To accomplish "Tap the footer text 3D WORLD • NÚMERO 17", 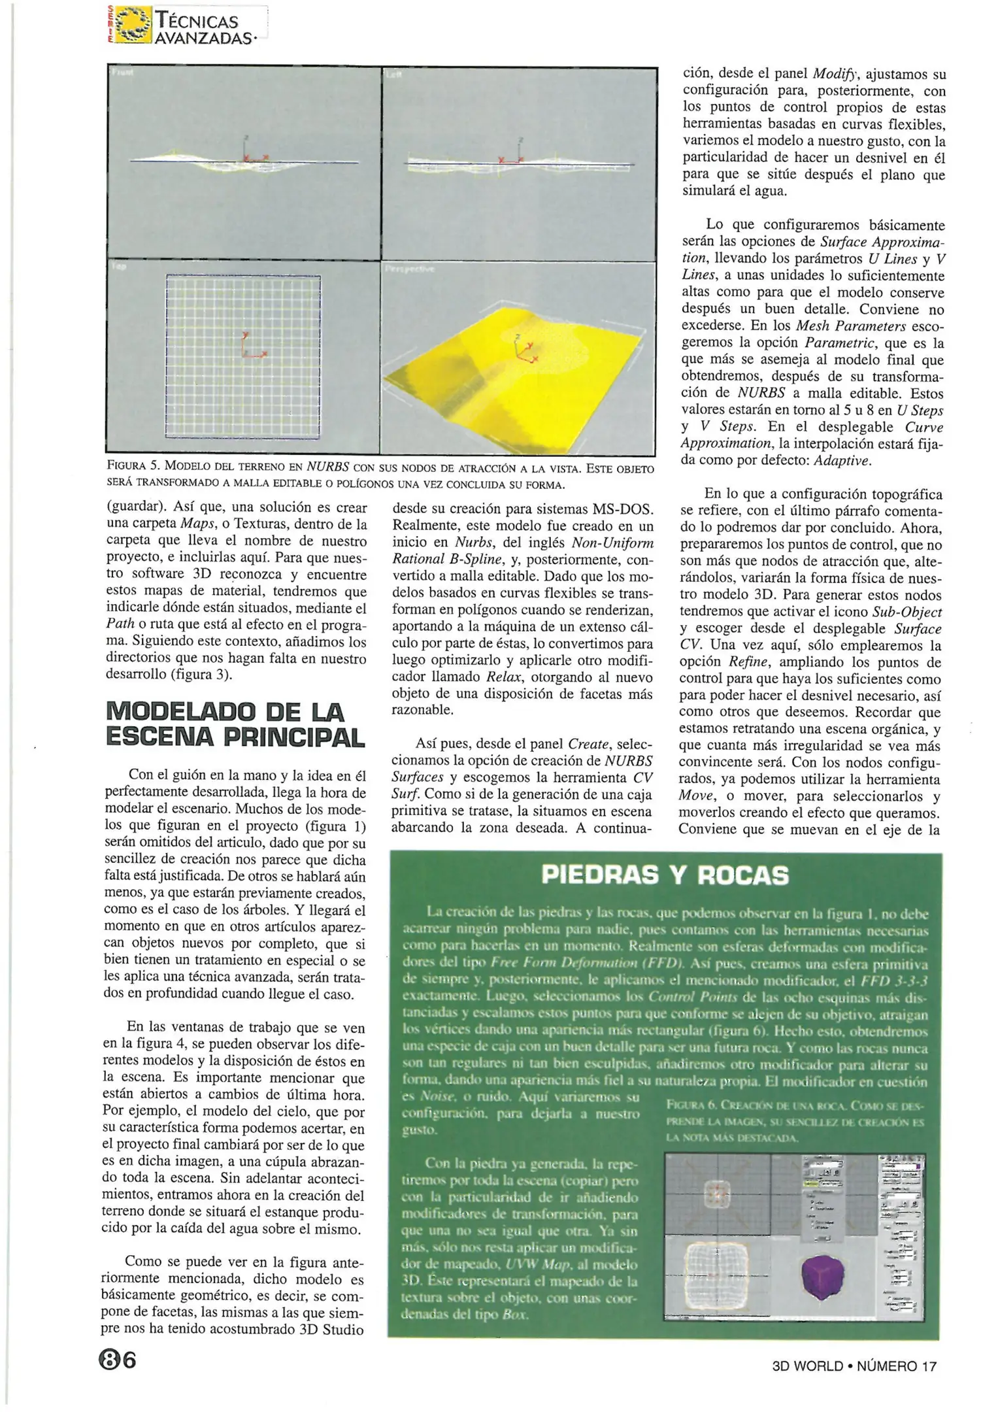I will coord(854,1366).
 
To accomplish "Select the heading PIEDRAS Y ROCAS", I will coord(665,875).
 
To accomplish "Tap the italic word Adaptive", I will coord(842,460).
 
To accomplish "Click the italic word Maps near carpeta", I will coord(198,524).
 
